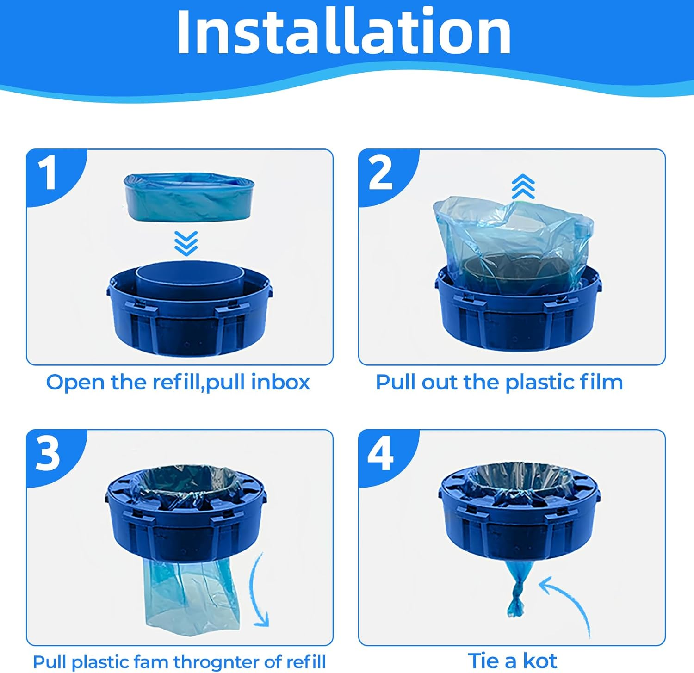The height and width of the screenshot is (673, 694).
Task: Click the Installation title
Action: coord(344,32)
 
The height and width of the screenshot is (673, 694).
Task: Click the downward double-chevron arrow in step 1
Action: coord(186,244)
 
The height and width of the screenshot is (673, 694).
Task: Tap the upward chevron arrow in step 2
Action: coord(523,186)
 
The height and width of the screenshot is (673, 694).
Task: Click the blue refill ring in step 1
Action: coord(189,198)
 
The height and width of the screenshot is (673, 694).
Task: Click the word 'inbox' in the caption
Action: coord(280,383)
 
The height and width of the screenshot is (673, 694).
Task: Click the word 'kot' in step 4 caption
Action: coord(540,661)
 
